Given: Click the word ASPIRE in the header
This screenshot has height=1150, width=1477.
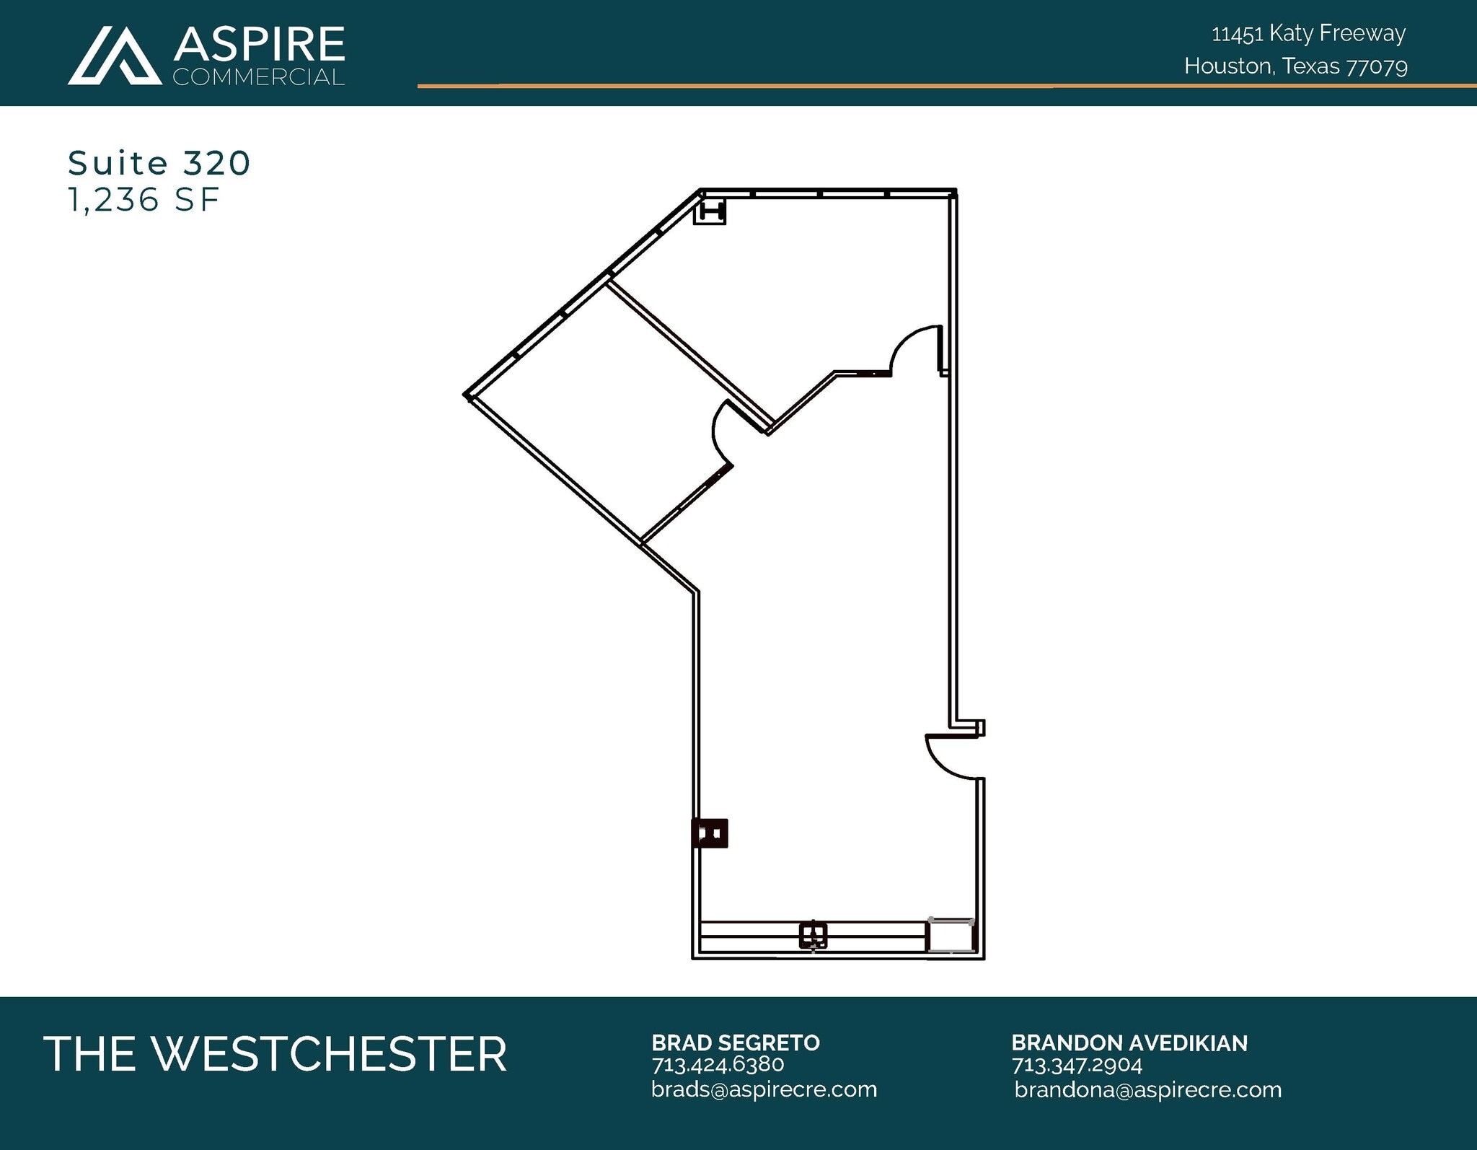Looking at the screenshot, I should [259, 44].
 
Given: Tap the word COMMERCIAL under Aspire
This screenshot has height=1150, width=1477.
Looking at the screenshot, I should [258, 77].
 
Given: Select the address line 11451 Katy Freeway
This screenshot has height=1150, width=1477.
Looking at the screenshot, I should [1308, 33].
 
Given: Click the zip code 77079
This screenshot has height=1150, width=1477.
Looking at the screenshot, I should [1377, 66].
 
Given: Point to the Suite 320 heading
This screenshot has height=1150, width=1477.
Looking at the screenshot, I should [159, 163].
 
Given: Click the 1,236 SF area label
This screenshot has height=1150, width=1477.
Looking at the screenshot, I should [143, 200].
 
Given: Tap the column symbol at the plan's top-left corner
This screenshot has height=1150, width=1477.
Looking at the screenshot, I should [709, 213].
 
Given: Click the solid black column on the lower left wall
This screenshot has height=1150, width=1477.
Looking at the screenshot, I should [710, 833].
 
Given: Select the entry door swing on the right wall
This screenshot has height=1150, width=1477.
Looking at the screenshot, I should [951, 758].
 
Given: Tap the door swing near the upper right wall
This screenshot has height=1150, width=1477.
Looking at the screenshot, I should [916, 350].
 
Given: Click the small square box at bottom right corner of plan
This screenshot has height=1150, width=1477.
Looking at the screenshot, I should [951, 936].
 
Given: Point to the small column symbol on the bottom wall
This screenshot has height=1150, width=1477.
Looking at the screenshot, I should [813, 935].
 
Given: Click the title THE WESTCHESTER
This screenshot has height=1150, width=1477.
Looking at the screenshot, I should [275, 1054].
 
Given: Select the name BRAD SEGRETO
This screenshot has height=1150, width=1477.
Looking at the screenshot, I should [736, 1043].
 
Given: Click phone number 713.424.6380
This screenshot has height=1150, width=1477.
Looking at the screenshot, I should [718, 1064].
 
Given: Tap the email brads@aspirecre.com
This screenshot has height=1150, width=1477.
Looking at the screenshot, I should [764, 1089].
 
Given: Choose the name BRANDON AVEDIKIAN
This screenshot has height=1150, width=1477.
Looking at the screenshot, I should [1129, 1043].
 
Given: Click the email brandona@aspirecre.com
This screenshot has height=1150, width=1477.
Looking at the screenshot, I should [1147, 1089].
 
